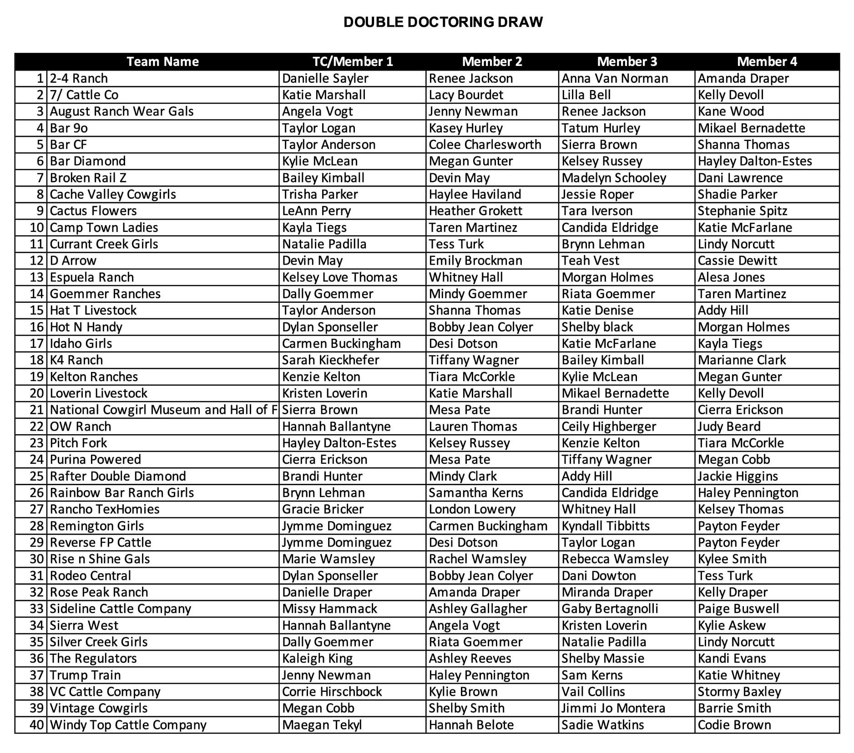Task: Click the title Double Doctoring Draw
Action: point(443,22)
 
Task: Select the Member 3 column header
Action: point(627,61)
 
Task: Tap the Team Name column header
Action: point(162,61)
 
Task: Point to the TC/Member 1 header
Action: point(352,61)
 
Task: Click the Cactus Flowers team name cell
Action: point(93,211)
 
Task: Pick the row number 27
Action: point(36,509)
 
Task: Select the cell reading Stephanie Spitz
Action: point(742,211)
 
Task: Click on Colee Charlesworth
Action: point(485,145)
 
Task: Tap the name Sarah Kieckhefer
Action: point(330,360)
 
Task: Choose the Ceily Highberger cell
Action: point(608,427)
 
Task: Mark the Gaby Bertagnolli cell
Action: point(610,609)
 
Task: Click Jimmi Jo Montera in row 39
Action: point(613,708)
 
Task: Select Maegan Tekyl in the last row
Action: point(322,725)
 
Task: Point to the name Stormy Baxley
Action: point(739,692)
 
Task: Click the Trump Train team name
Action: point(85,675)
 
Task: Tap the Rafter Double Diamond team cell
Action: point(118,476)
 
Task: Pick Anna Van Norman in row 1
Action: point(614,78)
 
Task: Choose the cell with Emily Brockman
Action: point(475,261)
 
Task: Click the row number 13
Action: point(36,277)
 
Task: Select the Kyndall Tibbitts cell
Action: point(605,526)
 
